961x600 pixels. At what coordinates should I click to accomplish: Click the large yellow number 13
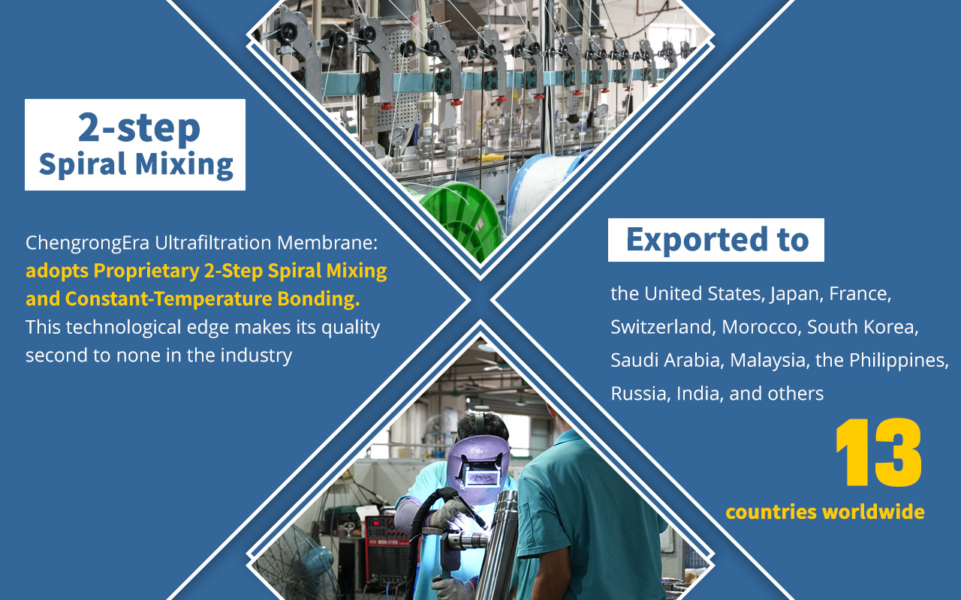point(878,452)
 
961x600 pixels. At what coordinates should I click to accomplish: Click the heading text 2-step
point(139,127)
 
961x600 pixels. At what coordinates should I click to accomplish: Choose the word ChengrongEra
point(88,243)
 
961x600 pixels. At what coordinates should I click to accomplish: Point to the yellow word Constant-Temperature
point(170,298)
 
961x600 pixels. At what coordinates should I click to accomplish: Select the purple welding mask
point(478,468)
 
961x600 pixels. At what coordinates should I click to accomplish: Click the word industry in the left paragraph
point(256,355)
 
